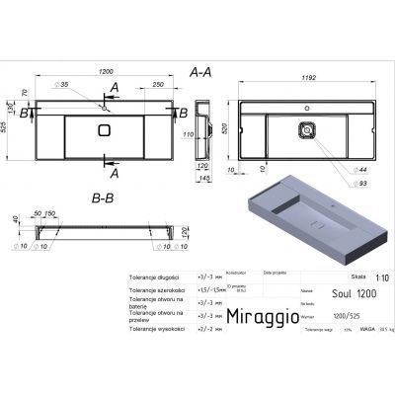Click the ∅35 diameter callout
(x=64, y=87)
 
